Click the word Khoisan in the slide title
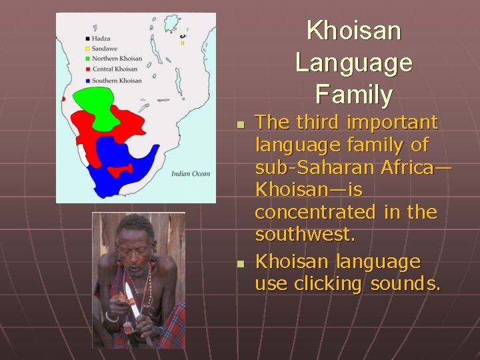click(x=353, y=31)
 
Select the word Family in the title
click(x=353, y=94)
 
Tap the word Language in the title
click(x=353, y=63)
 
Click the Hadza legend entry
click(x=101, y=38)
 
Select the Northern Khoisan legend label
click(x=117, y=59)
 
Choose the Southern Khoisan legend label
click(x=117, y=80)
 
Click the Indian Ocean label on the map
click(x=190, y=174)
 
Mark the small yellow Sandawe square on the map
click(x=182, y=43)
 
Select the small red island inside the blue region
click(x=119, y=171)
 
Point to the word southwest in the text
click(x=305, y=235)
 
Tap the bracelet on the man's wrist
click(x=111, y=317)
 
